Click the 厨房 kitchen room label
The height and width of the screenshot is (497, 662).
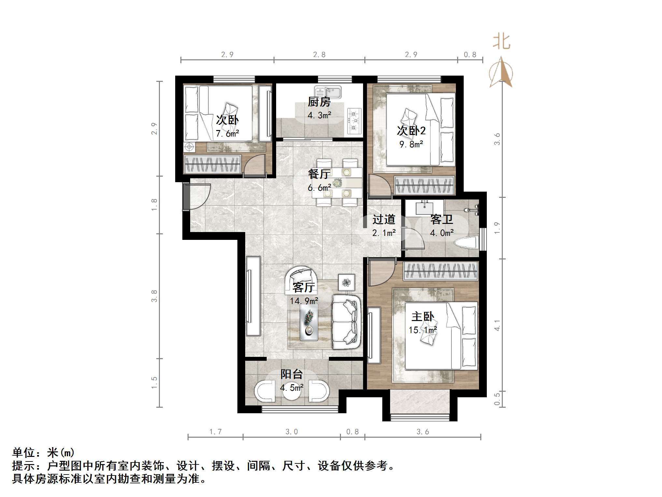coord(319,102)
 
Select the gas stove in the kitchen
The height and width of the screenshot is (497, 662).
coord(354,121)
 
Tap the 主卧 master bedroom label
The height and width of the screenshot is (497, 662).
coord(423,316)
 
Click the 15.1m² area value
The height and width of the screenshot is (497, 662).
coord(423,330)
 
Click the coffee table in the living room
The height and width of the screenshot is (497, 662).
coord(309,322)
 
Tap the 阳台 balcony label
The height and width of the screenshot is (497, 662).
coord(292,374)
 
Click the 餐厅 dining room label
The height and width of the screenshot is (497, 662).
coord(319,174)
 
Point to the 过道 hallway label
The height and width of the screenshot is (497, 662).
coord(384,219)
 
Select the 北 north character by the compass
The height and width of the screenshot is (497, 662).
coord(501,42)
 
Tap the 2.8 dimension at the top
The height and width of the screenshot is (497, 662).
coord(319,55)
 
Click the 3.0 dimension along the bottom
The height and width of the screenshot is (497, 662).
coord(291,432)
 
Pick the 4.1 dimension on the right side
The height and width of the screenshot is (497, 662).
coord(497,325)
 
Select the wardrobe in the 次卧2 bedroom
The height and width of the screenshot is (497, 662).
coord(424,185)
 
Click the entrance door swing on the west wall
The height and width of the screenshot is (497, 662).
coord(197,197)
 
